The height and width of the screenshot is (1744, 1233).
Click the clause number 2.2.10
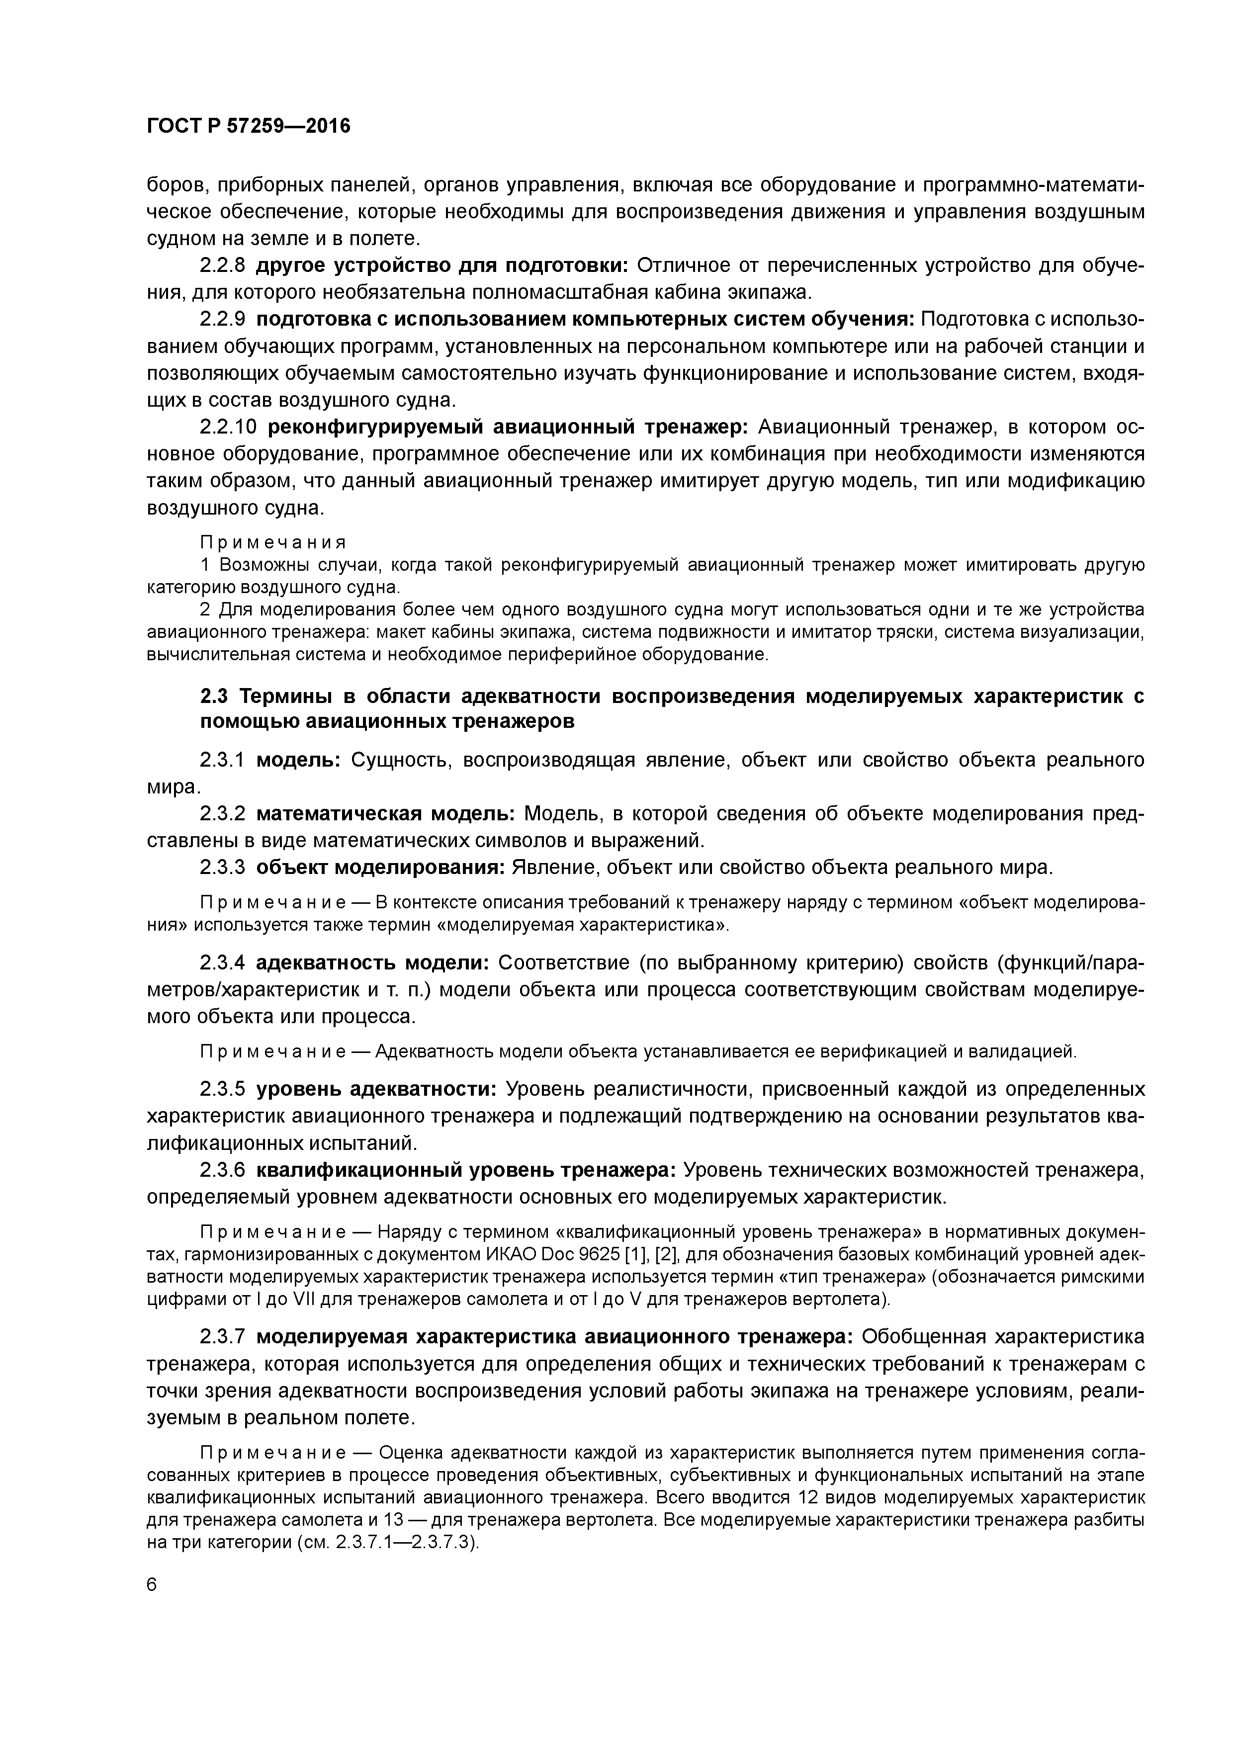click(x=228, y=427)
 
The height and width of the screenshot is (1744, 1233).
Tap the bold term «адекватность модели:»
click(x=373, y=963)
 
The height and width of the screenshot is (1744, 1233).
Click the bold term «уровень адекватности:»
click(x=376, y=1089)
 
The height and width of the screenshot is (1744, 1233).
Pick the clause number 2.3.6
click(x=223, y=1170)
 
